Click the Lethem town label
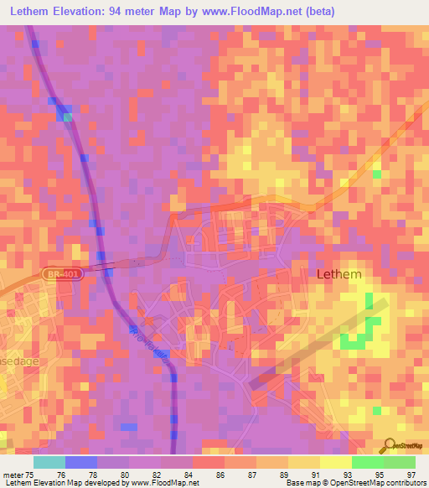click(x=339, y=274)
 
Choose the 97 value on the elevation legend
click(x=410, y=475)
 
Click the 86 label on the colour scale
click(x=223, y=475)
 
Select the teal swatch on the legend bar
click(x=49, y=462)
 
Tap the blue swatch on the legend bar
click(x=81, y=462)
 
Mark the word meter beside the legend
click(x=12, y=475)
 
